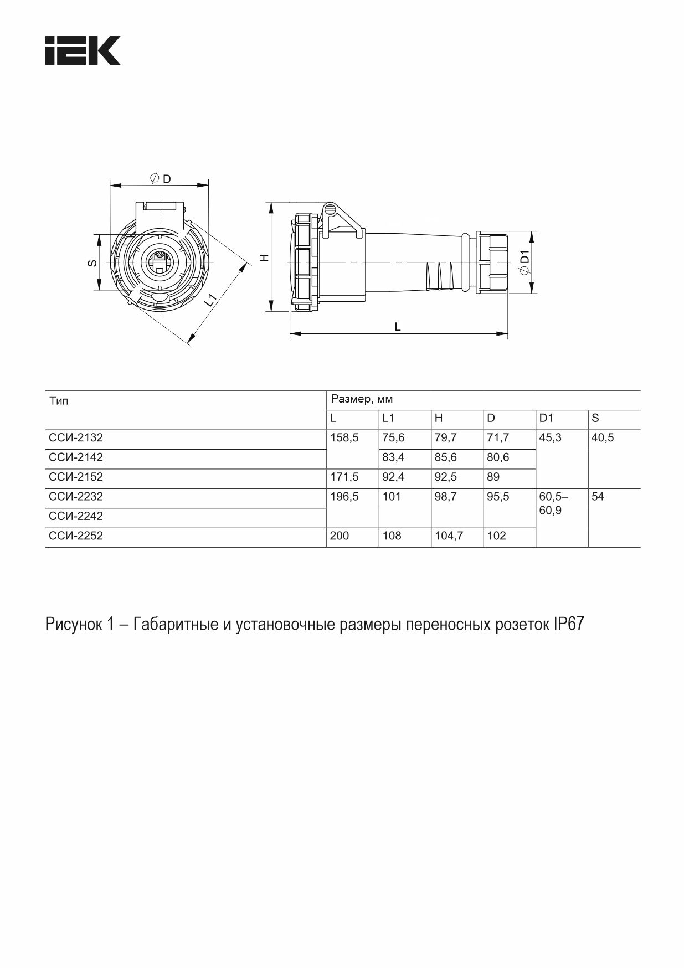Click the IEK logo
pos(83,50)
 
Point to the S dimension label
pos(93,262)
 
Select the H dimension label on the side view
pos(265,258)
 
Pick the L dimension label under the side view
pos(397,327)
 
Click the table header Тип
pos(59,401)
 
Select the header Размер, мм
pos(362,399)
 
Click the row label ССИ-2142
pos(76,457)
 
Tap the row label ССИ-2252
pos(76,536)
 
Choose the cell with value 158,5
pos(344,438)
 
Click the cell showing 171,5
pos(344,477)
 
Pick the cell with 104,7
pos(449,536)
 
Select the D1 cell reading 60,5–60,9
pos(553,503)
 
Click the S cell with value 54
pos(598,497)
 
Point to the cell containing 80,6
pos(498,457)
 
